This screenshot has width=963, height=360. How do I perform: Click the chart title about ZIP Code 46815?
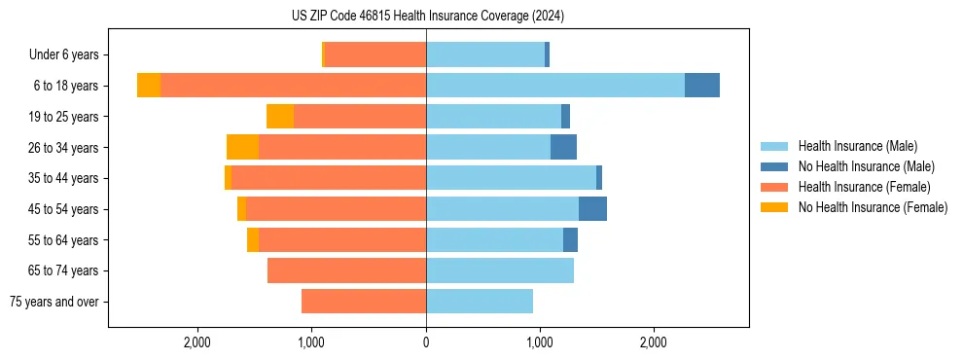click(x=427, y=16)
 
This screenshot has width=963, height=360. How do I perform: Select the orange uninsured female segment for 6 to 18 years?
click(x=149, y=86)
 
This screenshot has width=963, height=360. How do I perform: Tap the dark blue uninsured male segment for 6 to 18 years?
click(x=701, y=86)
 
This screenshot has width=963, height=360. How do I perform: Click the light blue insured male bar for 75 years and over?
click(x=480, y=302)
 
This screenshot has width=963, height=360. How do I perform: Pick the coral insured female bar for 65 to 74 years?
click(x=346, y=270)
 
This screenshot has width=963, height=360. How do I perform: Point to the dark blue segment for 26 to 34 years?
click(x=563, y=147)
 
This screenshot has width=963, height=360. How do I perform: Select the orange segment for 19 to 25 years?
click(x=280, y=117)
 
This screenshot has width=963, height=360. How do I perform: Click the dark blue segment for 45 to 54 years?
click(x=592, y=209)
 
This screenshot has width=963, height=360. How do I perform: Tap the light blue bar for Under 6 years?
click(x=485, y=54)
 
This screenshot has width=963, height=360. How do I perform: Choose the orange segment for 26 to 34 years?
click(x=242, y=147)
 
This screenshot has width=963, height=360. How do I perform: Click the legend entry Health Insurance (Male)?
click(x=857, y=146)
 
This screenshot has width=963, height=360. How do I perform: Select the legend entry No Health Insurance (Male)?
click(x=866, y=166)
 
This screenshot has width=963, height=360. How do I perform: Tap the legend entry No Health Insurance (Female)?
click(x=873, y=207)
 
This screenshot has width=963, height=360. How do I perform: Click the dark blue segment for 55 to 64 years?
click(x=570, y=239)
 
